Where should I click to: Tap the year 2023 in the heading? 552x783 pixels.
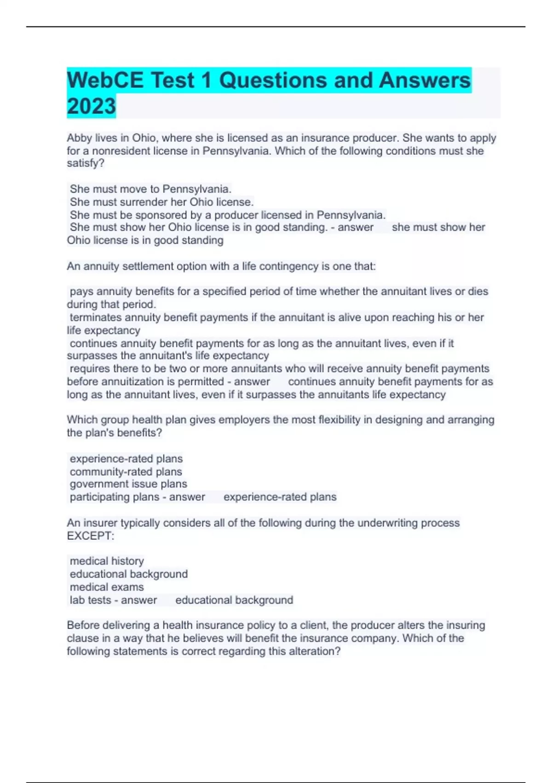[91, 106]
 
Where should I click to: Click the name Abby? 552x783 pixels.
[79, 138]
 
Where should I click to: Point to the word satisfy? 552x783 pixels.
[86, 163]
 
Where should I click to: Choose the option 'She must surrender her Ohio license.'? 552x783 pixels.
[161, 202]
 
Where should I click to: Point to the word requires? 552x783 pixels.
[90, 368]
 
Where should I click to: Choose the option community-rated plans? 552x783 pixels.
[126, 472]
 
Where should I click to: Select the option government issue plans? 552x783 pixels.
[128, 484]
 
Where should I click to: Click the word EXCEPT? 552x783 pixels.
[90, 536]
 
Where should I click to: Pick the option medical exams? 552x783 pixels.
[107, 587]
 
